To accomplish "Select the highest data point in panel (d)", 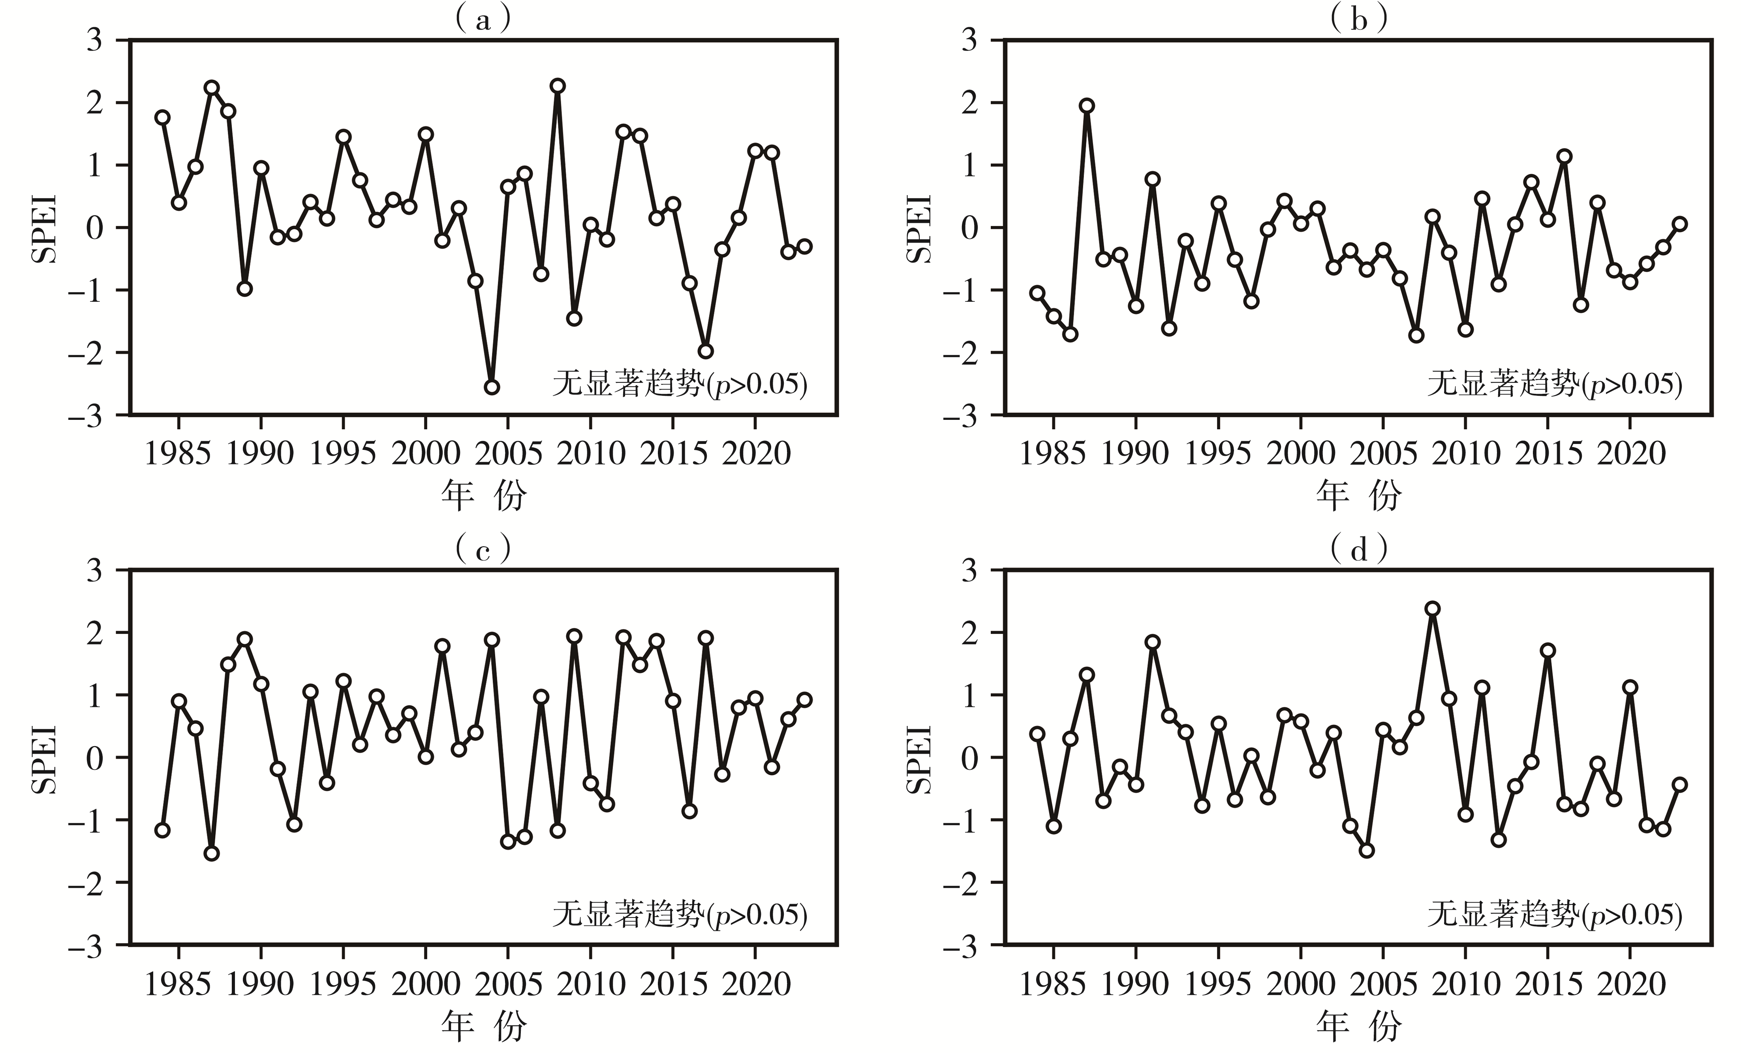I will [1432, 609].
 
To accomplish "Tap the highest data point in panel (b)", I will [1087, 106].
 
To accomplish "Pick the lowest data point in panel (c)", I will [211, 853].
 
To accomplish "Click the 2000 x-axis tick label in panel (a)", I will [425, 452].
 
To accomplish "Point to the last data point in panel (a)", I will [804, 246].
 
